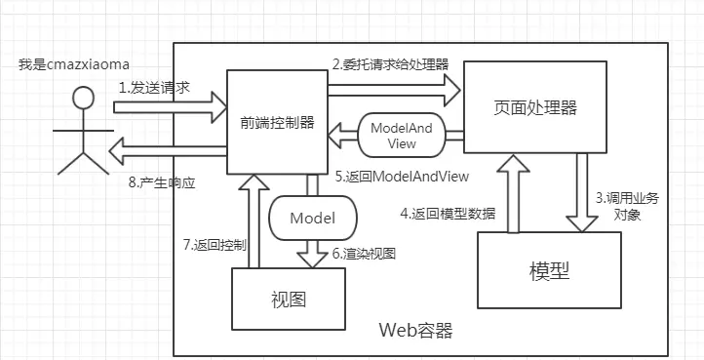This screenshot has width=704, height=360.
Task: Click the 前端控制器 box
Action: point(277,122)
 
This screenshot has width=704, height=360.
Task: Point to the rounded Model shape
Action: point(312,217)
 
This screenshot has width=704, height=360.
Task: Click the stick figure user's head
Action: point(84,98)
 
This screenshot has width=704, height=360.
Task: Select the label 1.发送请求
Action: point(153,87)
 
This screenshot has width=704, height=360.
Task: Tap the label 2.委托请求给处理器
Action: point(390,64)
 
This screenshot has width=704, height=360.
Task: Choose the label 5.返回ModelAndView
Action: point(402,177)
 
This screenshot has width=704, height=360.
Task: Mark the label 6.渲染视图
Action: point(364,253)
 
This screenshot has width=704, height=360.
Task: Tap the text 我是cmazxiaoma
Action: point(73,64)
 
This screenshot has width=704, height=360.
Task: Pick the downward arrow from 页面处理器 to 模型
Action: point(583,194)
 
